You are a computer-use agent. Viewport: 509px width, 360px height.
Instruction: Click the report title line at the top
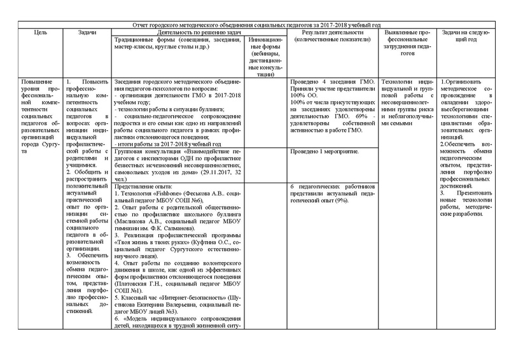tap(254, 24)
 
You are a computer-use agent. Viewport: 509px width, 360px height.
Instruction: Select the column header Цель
tap(39, 31)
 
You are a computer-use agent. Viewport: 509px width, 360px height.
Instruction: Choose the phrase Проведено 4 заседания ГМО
tap(324, 83)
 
